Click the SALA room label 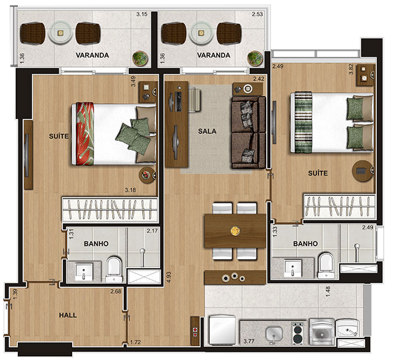pos(207,131)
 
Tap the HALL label pos(68,315)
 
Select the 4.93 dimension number pos(169,277)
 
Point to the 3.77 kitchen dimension pos(249,341)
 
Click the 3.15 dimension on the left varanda pos(142,14)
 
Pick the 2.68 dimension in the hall pos(116,291)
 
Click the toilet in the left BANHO pos(114,269)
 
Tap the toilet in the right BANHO pos(326,265)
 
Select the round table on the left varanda pos(60,32)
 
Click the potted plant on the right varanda pos(255,58)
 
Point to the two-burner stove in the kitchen pos(298,333)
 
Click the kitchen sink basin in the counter pos(274,333)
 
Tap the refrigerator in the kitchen pos(222,330)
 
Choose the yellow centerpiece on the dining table pos(235,231)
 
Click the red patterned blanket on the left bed pos(85,133)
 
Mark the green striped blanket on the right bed pos(303,122)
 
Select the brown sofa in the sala pos(249,132)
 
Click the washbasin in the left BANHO pos(84,271)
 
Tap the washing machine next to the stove pos(322,332)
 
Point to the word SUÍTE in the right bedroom pos(318,173)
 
